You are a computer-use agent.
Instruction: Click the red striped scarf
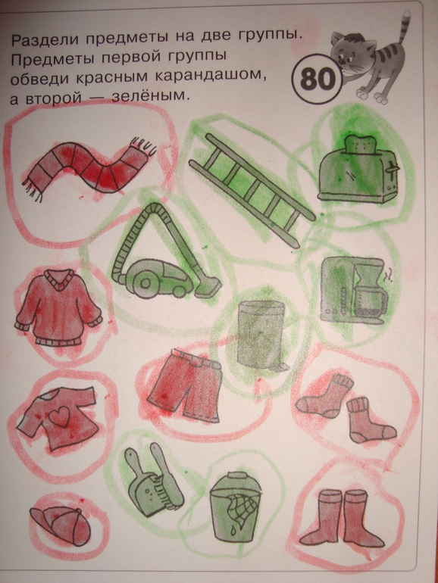(x=89, y=167)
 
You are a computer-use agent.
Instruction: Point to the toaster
(x=357, y=170)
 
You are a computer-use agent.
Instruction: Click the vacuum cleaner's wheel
(x=145, y=284)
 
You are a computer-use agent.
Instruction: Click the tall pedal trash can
(x=261, y=335)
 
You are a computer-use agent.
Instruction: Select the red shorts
(x=185, y=385)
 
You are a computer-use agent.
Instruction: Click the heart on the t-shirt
(x=61, y=416)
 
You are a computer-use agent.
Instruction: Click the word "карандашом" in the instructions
(x=210, y=76)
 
